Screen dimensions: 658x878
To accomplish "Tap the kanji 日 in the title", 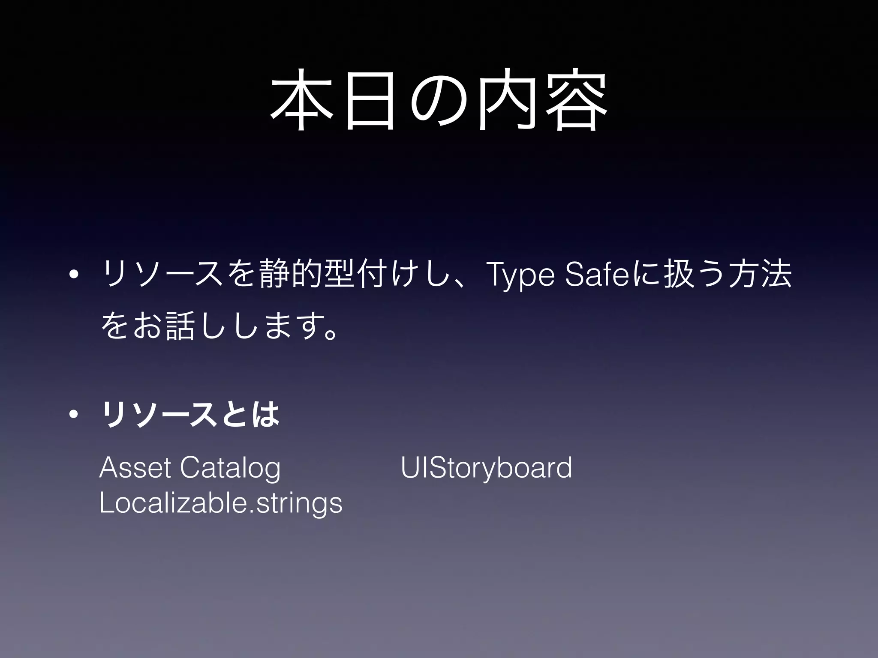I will (370, 100).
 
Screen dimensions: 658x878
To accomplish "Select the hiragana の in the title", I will (439, 100).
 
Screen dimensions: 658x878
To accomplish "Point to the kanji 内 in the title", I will (507, 100).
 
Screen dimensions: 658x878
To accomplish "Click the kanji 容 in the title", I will (576, 100).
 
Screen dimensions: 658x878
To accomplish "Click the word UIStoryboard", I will (487, 469).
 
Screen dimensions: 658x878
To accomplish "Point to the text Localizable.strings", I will (221, 504).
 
